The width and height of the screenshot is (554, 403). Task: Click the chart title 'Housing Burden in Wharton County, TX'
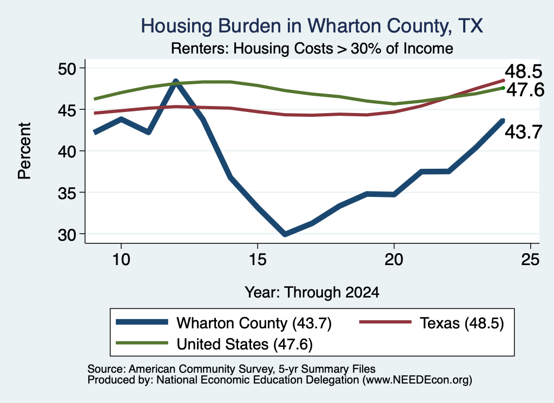tap(312, 26)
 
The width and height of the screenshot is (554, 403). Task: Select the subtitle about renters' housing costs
tap(312, 48)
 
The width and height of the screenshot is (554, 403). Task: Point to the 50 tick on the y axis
tap(67, 68)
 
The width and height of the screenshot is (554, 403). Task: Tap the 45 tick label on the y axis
tap(67, 110)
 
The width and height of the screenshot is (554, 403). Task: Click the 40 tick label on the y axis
tap(67, 151)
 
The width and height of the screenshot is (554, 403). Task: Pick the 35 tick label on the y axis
tap(67, 193)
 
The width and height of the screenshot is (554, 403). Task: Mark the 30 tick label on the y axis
tap(67, 234)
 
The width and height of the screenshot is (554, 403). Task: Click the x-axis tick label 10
tap(121, 260)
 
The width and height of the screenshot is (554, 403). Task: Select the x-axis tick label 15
tap(258, 260)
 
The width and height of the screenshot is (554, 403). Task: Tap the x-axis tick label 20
tap(394, 260)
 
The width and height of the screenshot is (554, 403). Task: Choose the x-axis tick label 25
tap(530, 260)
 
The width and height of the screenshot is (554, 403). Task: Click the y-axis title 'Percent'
tap(24, 151)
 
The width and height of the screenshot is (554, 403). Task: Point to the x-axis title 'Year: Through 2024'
tap(312, 293)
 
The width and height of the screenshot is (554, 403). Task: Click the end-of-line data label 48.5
tap(523, 71)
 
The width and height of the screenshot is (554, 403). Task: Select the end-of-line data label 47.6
tap(525, 90)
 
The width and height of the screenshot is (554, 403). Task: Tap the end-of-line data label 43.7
tap(523, 132)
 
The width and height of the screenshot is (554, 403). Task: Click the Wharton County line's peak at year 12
tap(176, 82)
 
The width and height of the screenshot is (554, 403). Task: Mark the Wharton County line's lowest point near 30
tap(285, 234)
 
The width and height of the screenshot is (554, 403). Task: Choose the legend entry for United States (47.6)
tap(214, 344)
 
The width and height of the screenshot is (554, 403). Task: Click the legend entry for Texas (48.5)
tap(432, 323)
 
